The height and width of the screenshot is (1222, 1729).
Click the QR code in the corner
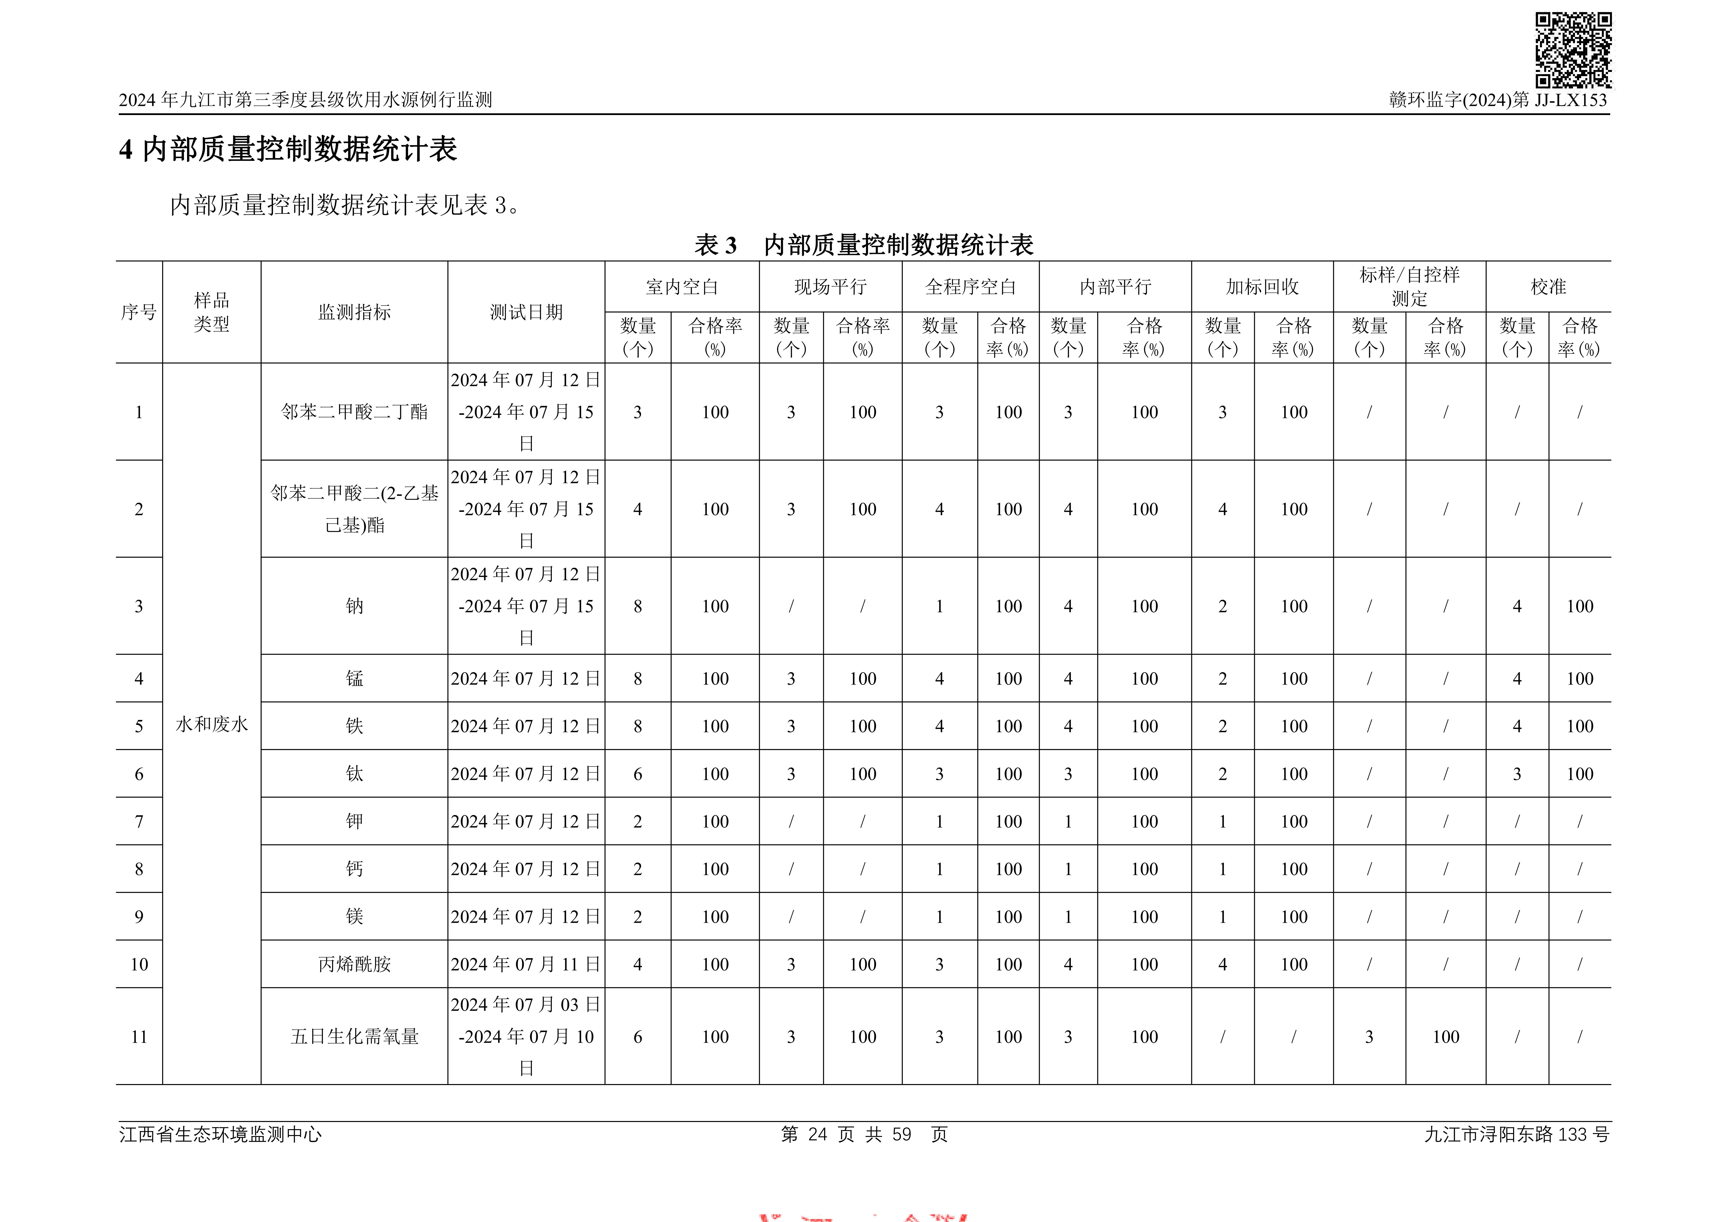click(x=1573, y=50)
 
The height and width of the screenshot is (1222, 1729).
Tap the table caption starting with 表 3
click(x=864, y=245)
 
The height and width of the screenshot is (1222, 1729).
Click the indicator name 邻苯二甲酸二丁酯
click(x=354, y=412)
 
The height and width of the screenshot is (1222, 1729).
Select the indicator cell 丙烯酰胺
click(x=354, y=965)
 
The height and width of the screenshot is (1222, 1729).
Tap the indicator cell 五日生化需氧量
click(x=354, y=1037)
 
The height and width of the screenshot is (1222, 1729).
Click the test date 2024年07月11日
click(x=526, y=965)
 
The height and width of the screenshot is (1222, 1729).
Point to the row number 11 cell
click(x=139, y=1037)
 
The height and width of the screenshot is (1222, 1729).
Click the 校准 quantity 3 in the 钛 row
click(x=1517, y=774)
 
